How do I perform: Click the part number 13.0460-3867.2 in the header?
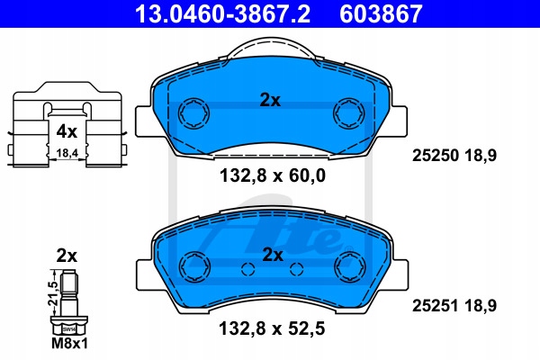point(223,13)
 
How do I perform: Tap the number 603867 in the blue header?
point(381,13)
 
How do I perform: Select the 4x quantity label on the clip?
point(67,131)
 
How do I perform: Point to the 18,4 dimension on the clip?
point(67,153)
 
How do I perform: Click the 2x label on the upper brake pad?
point(270,100)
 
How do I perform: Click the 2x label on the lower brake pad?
point(273,256)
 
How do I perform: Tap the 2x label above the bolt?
point(67,256)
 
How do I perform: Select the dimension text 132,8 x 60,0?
point(273,175)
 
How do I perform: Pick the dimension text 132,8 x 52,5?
point(272,328)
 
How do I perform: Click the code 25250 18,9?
point(454,156)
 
